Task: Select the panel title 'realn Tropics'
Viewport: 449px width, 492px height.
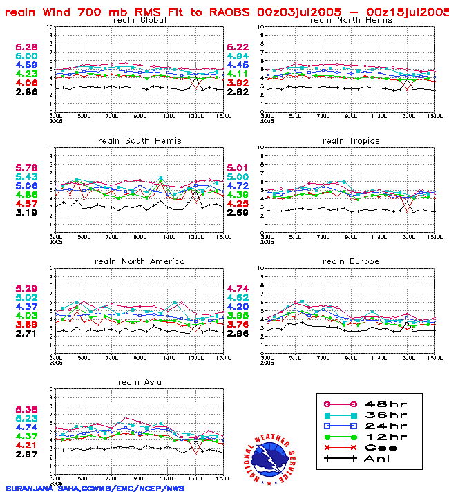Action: [x=351, y=141]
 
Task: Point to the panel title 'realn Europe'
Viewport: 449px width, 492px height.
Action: [x=351, y=261]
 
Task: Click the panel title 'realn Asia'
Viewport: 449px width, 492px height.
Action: [x=138, y=381]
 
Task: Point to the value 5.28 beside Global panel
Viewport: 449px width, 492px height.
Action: [x=26, y=47]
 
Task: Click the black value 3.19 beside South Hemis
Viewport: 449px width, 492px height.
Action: [x=26, y=213]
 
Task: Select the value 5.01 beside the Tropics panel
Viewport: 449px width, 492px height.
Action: [x=238, y=168]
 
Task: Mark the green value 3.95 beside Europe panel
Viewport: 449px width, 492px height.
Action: [x=238, y=315]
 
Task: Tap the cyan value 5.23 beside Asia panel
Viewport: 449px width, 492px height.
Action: [x=26, y=418]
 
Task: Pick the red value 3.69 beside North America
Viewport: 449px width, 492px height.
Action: [x=26, y=324]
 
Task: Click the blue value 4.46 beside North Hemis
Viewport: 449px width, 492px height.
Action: [x=238, y=65]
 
